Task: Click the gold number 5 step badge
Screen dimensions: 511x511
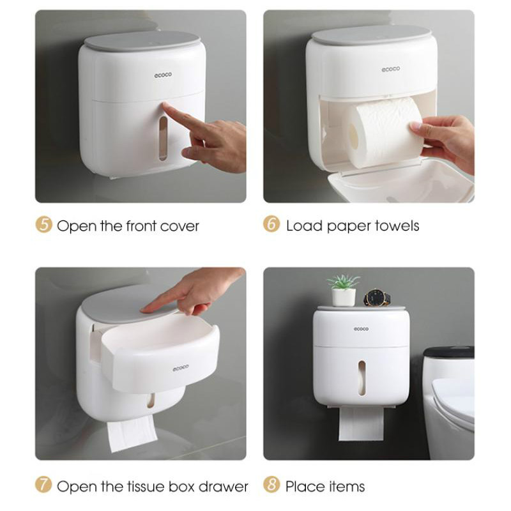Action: coord(43,225)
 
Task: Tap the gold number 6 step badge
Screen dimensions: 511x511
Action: coord(271,224)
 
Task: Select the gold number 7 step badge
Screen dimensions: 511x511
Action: coord(43,485)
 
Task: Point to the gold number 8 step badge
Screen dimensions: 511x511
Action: coord(271,485)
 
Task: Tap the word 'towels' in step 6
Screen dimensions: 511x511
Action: coord(397,225)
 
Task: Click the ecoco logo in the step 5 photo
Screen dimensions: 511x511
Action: coord(163,75)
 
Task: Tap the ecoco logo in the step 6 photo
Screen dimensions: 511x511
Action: coord(391,69)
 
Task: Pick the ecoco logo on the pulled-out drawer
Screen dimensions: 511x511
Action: coord(181,368)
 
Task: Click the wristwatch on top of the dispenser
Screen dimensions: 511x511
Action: coord(377,297)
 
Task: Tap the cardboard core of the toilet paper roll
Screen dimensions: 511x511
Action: coord(353,137)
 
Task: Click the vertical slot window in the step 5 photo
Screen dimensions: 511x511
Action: coord(164,139)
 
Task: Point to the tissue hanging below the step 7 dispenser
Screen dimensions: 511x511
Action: coord(132,433)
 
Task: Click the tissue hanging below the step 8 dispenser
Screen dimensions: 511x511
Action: coord(361,423)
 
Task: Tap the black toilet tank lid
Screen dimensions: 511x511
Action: coord(449,352)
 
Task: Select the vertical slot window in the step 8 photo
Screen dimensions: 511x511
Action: coord(362,378)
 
